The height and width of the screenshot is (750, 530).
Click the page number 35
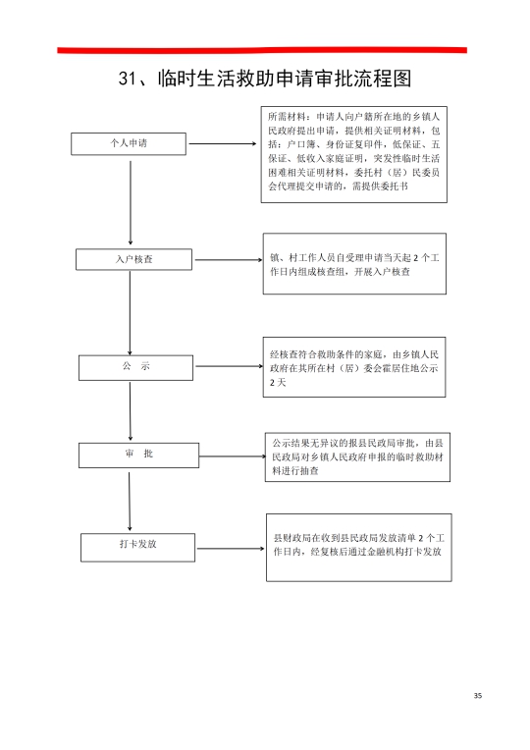pos(477,695)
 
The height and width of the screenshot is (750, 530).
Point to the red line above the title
pos(262,50)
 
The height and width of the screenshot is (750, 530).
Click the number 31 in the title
pos(128,79)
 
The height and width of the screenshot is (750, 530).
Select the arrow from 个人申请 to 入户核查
pos(131,203)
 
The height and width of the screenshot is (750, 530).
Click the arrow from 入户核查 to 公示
pos(130,313)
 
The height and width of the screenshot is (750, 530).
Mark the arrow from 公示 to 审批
pos(131,411)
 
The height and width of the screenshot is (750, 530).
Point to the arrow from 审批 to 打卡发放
pos(130,502)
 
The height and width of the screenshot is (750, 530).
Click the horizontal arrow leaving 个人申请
pos(223,143)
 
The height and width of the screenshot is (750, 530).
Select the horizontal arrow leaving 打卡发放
pos(231,548)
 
